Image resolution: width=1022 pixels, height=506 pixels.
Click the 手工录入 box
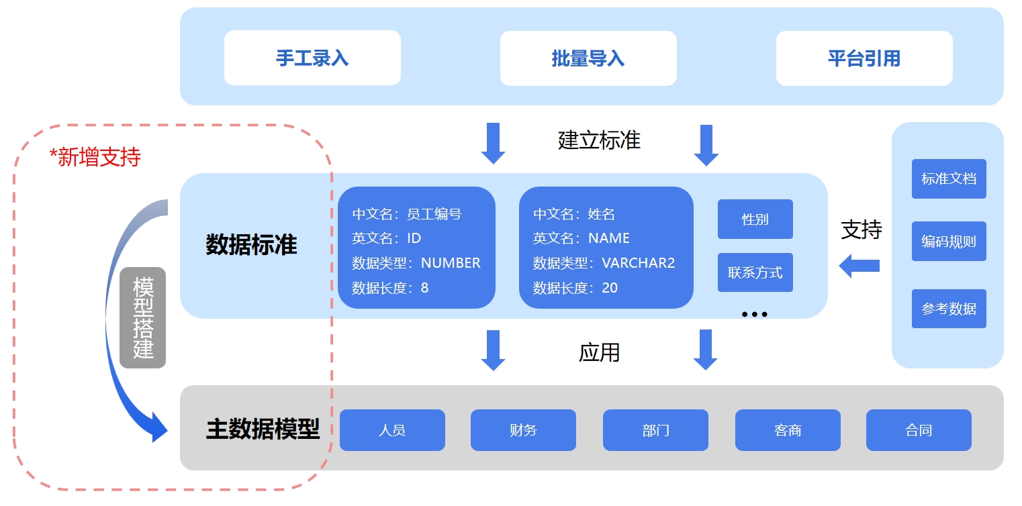point(312,58)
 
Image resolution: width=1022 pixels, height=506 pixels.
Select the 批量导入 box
point(588,58)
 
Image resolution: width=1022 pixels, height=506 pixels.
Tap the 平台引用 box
point(864,58)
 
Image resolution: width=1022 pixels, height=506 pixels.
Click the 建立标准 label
point(599,140)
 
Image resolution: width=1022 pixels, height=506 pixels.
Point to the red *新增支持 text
point(95,157)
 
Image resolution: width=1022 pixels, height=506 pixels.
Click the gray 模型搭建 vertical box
point(142,318)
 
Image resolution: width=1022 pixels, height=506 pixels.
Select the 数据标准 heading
point(251,245)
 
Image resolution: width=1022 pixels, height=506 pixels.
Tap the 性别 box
point(755,219)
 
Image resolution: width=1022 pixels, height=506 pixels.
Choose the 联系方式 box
point(755,272)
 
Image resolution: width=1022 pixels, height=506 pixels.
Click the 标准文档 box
point(948,179)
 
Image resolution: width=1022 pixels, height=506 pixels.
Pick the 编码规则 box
point(948,242)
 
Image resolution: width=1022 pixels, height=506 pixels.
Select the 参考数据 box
point(948,309)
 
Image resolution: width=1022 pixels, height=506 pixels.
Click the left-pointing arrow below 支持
point(859,266)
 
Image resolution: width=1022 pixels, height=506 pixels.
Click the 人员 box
point(392,430)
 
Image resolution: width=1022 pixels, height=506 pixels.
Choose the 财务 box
point(523,430)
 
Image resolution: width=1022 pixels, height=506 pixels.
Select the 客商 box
point(788,430)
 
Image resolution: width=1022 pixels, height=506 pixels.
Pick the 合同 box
point(919,430)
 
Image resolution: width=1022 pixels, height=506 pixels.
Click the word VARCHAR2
point(638,263)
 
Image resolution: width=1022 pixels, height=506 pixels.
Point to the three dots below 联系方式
point(755,314)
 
